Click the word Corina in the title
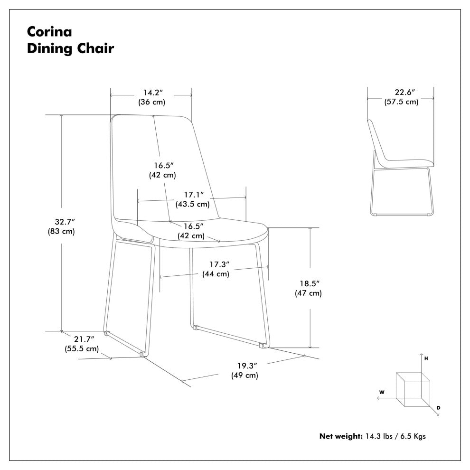pos(49,32)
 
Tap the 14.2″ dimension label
pos(153,92)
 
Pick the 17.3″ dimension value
pos(219,264)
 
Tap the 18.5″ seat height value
pos(310,283)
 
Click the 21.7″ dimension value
pos(84,339)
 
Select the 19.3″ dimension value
pos(247,366)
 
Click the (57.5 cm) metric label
pos(401,102)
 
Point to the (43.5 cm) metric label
pos(192,204)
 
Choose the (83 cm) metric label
pos(61,231)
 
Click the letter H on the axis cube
pos(426,358)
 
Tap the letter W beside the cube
pos(382,392)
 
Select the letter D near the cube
pos(439,408)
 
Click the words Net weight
pos(341,436)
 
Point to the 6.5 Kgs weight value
pos(413,436)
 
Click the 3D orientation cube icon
pos(413,389)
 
